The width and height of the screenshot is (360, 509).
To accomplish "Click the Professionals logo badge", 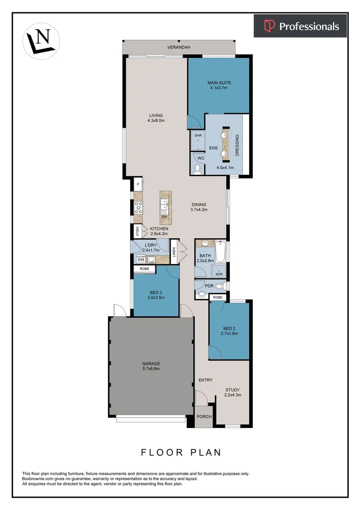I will [x=300, y=26].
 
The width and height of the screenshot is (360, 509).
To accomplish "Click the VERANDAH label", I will [x=178, y=47].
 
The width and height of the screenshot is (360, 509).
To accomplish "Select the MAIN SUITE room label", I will [x=219, y=83].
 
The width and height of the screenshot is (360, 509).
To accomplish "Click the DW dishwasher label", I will [x=164, y=217].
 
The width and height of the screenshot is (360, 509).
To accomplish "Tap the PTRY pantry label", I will [x=138, y=231].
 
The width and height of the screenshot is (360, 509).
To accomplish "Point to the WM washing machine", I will [x=140, y=260].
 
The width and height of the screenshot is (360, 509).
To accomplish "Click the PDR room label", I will [x=209, y=286].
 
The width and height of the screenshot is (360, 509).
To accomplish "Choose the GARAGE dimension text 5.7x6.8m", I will [x=151, y=369].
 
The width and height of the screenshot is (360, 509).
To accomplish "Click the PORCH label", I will [x=204, y=417].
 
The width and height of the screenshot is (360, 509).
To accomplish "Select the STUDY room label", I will [x=233, y=389].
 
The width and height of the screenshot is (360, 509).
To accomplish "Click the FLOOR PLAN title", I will [x=181, y=452].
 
